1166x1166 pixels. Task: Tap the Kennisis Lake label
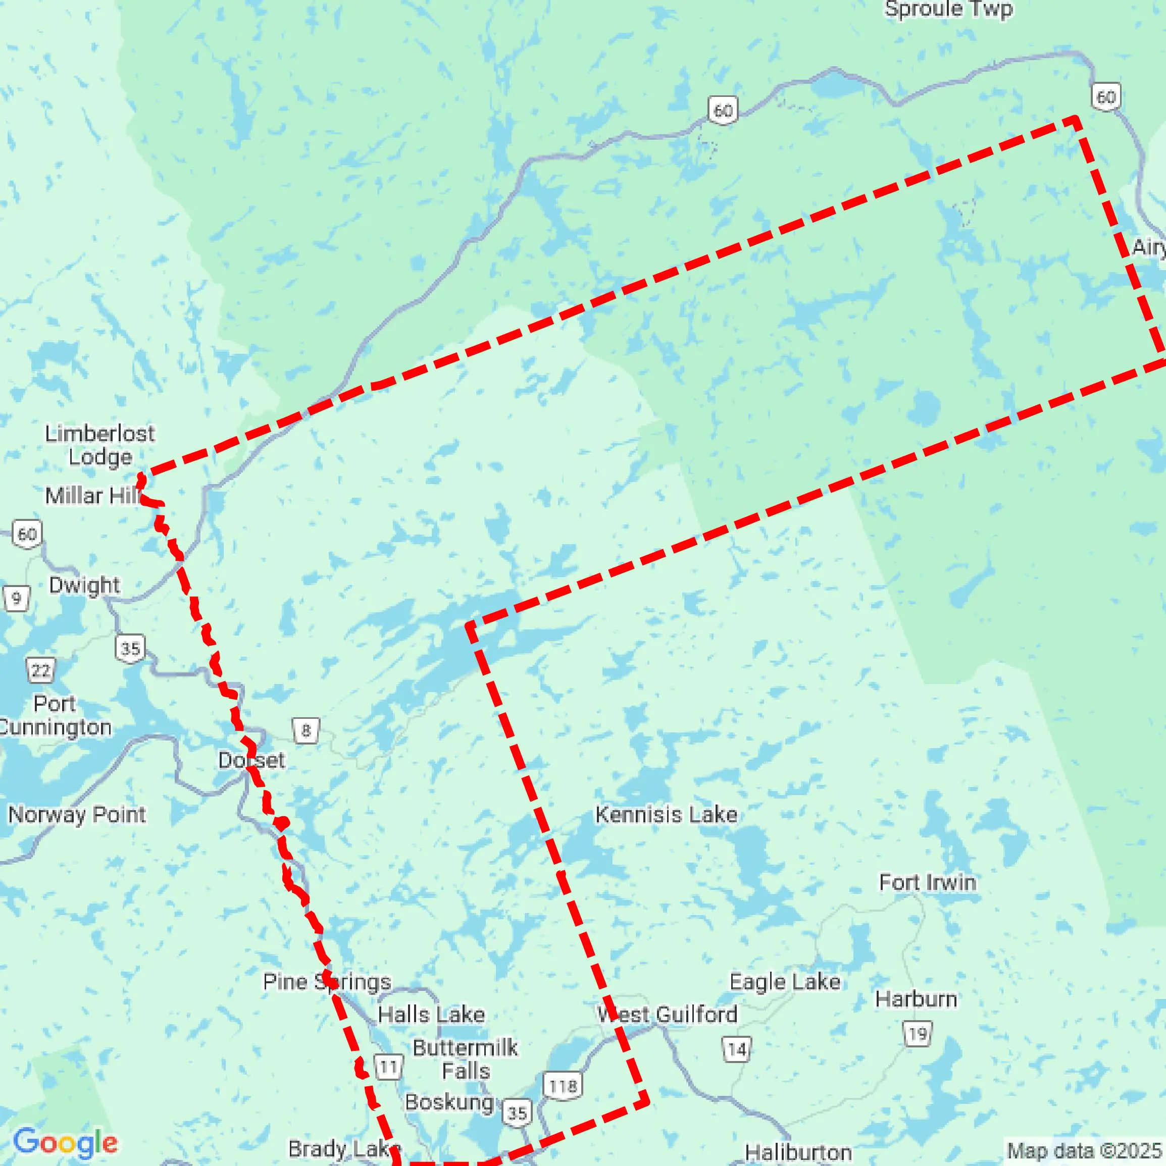pos(666,815)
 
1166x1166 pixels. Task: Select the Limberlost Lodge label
pos(99,445)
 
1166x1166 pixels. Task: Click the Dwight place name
pos(84,585)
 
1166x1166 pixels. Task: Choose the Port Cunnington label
pos(55,715)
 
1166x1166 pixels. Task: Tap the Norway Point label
pos(77,815)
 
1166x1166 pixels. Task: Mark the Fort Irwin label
pos(927,882)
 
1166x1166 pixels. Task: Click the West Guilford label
pos(667,1014)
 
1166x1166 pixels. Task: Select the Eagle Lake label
pos(784,982)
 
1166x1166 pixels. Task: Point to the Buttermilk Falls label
pos(465,1059)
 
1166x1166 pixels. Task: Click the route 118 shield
pos(563,1086)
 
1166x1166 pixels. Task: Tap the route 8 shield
pos(306,731)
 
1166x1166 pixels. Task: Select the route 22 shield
pos(40,670)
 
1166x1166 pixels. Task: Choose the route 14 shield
pos(737,1049)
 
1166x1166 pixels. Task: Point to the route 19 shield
pos(917,1034)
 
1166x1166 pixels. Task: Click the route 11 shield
pos(388,1067)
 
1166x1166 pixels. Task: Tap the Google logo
pos(65,1142)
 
